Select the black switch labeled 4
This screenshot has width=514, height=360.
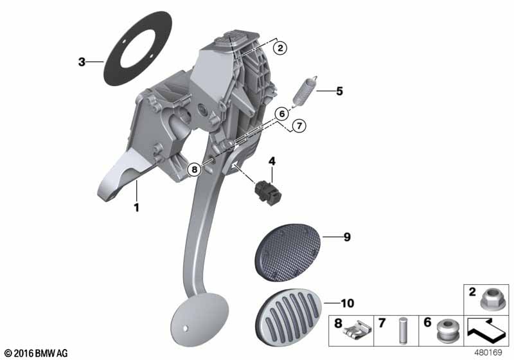(x=268, y=193)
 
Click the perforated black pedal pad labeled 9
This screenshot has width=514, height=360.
(x=288, y=253)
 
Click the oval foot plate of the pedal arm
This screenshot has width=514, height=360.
(x=199, y=319)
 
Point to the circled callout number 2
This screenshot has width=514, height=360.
(x=280, y=48)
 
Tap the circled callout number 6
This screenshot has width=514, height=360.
(x=281, y=114)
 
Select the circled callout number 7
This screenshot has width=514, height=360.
(x=299, y=125)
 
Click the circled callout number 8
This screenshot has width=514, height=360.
(x=195, y=170)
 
